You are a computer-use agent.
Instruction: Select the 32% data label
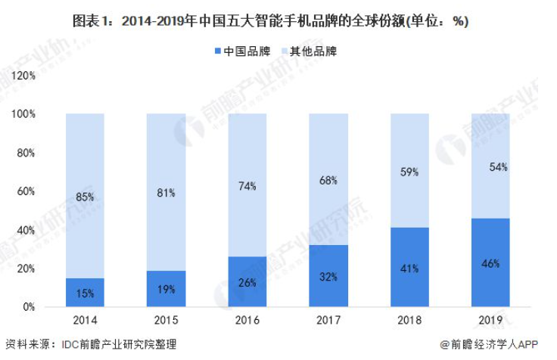tap(328, 278)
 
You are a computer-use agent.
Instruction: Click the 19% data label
tap(166, 289)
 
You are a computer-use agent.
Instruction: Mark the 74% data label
tap(247, 186)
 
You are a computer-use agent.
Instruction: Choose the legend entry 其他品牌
tap(312, 52)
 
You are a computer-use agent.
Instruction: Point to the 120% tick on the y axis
tap(25, 76)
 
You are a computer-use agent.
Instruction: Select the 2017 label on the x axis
tap(328, 321)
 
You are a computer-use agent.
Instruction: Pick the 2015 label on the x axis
tap(166, 321)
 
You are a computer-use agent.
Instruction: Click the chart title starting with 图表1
tap(278, 20)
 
